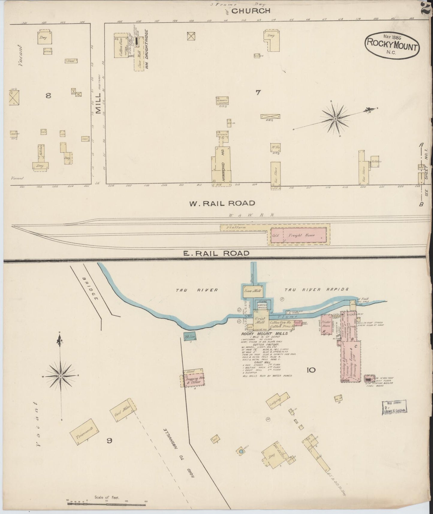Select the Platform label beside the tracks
click(x=237, y=228)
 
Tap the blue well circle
click(x=241, y=451)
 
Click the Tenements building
click(x=85, y=433)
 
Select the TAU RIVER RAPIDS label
click(x=316, y=290)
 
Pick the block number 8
click(x=48, y=96)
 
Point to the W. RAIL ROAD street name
click(x=222, y=203)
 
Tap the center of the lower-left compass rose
click(x=61, y=375)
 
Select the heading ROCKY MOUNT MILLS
click(x=264, y=333)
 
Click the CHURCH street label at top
click(x=251, y=11)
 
